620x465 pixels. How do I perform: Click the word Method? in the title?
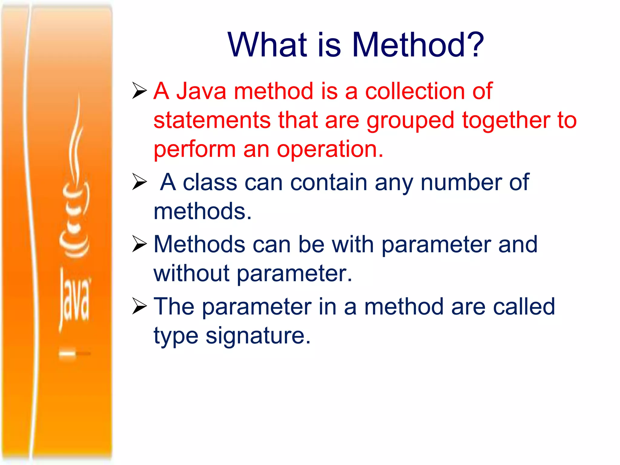tap(418, 45)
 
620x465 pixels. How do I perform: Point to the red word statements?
tap(212, 120)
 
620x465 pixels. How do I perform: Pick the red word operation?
tap(330, 150)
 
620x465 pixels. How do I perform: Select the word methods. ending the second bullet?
tap(203, 211)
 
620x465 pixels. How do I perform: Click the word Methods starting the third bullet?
tap(200, 244)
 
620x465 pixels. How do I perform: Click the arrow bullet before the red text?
tap(140, 91)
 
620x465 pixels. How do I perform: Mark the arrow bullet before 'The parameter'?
tap(140, 306)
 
